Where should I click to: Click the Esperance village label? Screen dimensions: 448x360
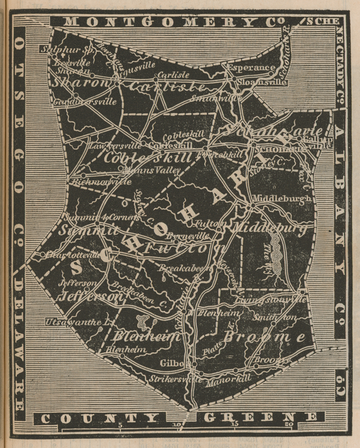pos(251,68)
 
